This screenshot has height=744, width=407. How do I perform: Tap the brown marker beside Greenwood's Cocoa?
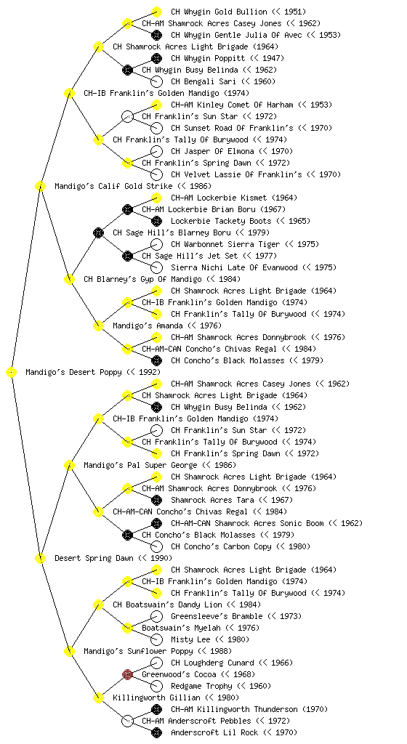(x=127, y=674)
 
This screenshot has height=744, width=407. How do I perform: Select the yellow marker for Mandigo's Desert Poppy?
(x=12, y=373)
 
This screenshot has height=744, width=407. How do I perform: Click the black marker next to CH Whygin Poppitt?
(x=156, y=58)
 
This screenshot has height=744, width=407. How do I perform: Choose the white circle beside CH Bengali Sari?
(x=156, y=81)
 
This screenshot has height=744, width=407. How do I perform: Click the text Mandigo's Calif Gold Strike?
(x=113, y=187)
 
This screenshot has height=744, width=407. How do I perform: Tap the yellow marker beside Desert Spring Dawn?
(x=40, y=559)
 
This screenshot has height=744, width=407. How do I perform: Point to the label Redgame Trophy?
(x=201, y=686)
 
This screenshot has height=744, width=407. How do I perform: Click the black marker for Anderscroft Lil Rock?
(x=156, y=732)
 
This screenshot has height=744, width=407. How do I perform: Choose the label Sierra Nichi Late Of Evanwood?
(x=234, y=267)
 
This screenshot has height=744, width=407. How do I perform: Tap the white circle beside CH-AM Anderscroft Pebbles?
(x=127, y=721)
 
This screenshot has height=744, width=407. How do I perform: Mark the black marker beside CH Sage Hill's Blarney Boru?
(x=98, y=232)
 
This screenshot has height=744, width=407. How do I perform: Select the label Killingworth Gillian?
(x=153, y=698)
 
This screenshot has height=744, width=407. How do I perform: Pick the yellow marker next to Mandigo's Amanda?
(x=98, y=325)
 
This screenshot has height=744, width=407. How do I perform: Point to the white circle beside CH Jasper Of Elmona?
(x=156, y=151)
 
